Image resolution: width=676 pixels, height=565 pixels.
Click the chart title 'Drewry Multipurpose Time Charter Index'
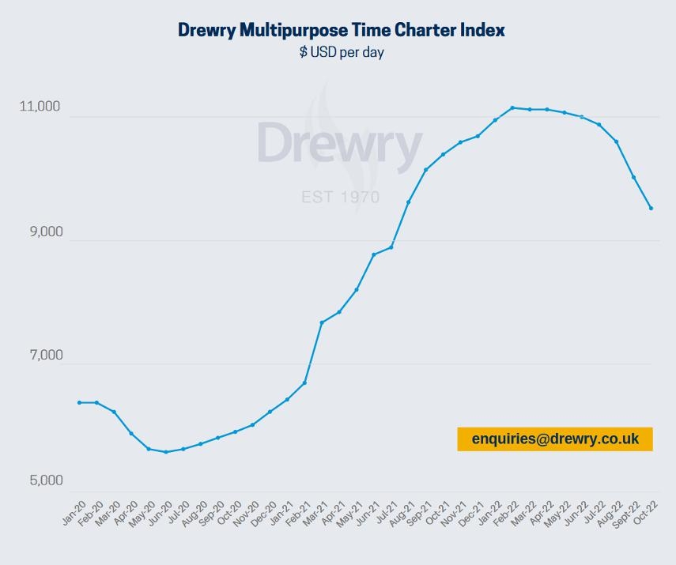341,30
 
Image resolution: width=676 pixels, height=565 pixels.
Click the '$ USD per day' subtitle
341,53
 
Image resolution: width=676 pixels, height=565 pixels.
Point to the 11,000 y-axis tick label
40,107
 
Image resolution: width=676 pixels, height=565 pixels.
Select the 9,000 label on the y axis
40,232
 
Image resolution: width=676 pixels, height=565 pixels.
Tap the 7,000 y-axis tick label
40,356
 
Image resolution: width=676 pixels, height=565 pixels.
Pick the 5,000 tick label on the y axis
40,480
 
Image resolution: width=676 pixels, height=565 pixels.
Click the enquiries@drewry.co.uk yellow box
554,439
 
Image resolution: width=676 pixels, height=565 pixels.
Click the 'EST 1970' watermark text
340,197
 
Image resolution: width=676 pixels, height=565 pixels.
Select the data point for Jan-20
80,402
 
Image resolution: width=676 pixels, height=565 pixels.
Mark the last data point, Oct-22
651,208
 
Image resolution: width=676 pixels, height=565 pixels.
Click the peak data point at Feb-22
512,107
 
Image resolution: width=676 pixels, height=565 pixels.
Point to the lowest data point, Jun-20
166,452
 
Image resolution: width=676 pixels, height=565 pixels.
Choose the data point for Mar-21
322,322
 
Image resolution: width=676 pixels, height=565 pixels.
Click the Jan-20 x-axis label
74,513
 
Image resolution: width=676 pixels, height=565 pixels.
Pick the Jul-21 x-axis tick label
386,513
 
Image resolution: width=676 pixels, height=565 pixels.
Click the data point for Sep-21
425,170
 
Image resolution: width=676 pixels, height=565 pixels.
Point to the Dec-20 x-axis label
265,513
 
